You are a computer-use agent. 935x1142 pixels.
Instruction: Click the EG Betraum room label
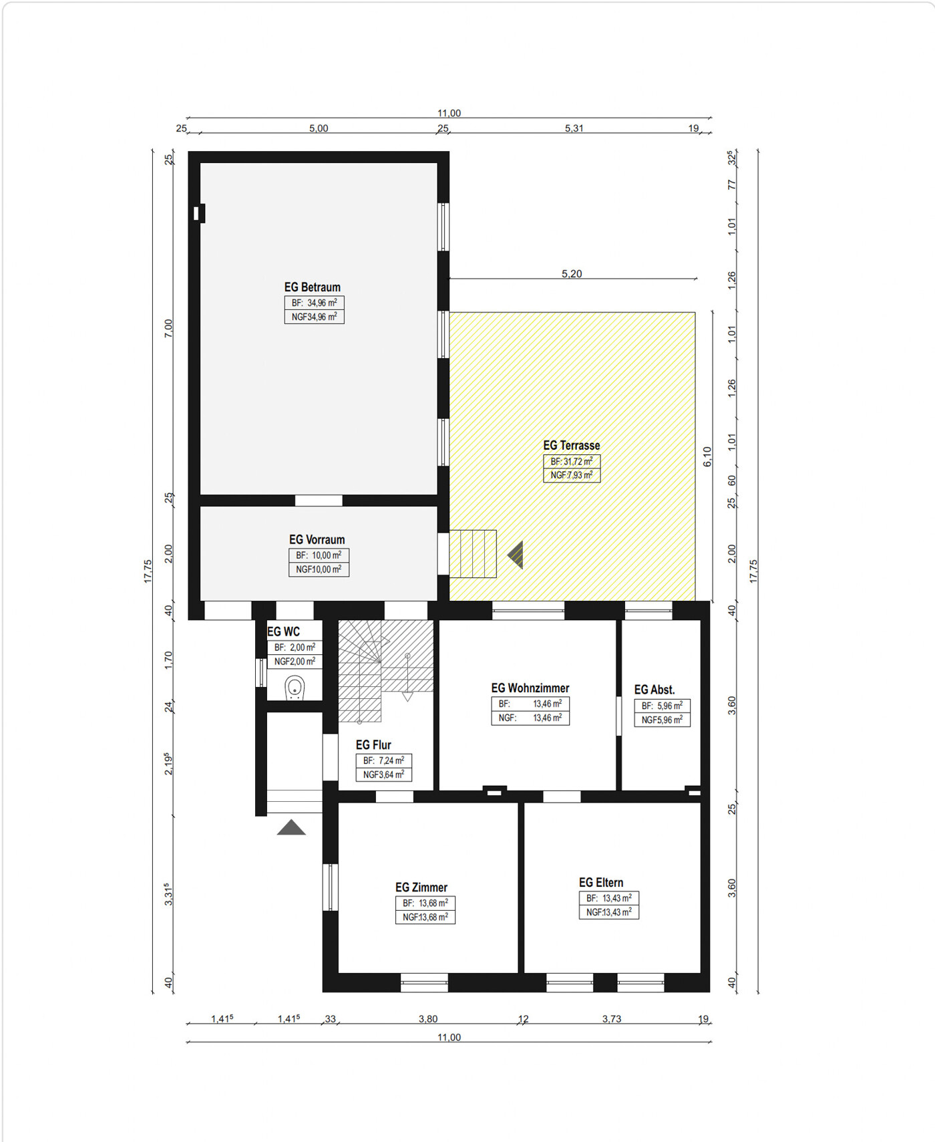312,287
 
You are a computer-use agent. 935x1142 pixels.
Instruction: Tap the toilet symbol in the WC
295,688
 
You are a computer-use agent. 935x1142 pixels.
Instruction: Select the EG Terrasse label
571,446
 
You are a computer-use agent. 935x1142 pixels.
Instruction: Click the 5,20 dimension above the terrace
572,273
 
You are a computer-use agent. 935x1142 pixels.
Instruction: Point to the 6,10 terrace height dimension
707,456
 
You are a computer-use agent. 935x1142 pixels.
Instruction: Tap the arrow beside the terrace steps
515,555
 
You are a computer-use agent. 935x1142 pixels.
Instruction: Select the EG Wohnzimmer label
530,688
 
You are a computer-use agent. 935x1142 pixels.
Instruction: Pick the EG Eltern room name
601,883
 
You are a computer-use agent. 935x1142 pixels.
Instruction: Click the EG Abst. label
654,690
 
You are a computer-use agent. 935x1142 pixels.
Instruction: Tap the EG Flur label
373,745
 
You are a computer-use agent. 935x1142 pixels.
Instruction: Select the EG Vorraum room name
317,540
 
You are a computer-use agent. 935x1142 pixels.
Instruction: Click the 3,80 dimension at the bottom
428,1019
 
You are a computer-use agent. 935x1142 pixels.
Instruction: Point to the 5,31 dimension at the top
574,128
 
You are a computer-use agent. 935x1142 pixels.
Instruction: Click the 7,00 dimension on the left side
168,328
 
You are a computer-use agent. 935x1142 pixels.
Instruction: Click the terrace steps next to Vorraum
473,554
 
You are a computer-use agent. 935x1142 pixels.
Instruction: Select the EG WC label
284,632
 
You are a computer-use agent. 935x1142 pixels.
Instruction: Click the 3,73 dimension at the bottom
612,1019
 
